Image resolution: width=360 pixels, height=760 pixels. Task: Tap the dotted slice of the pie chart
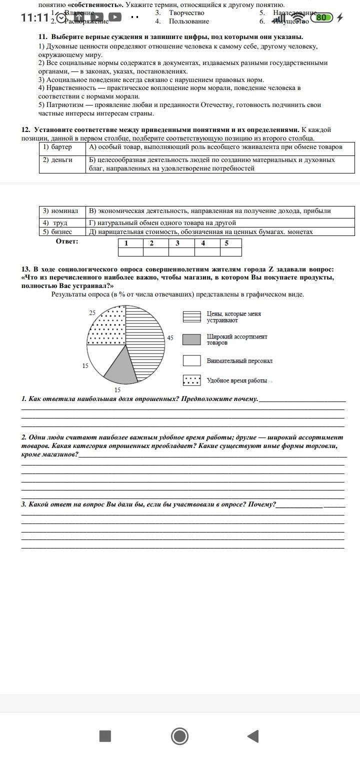(x=106, y=327)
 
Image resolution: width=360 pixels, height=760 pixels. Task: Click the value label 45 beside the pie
(x=170, y=338)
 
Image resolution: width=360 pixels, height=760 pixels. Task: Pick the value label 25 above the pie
(x=92, y=312)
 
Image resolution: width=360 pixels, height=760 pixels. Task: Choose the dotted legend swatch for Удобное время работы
(x=192, y=380)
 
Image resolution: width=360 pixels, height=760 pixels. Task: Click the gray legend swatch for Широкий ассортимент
(x=192, y=340)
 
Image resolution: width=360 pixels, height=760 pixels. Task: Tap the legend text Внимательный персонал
(x=239, y=360)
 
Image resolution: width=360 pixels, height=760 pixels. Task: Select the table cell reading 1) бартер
(x=62, y=147)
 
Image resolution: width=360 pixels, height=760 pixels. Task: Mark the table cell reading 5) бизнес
(x=62, y=231)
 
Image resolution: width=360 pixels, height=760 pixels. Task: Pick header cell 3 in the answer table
(x=177, y=243)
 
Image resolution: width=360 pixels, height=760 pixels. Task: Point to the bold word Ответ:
(x=67, y=241)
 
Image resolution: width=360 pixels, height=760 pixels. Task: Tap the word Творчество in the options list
(x=186, y=12)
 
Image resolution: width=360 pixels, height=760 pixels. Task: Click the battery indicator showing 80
(x=322, y=17)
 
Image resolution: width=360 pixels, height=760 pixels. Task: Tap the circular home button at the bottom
(x=179, y=736)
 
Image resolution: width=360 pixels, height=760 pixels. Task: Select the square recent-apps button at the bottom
(x=105, y=736)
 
